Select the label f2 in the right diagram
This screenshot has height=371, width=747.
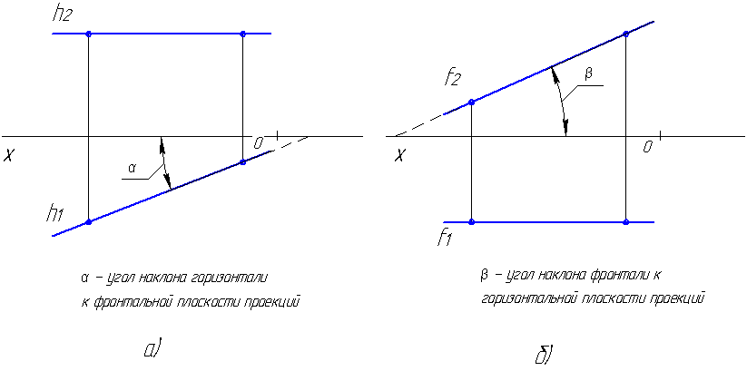(x=453, y=79)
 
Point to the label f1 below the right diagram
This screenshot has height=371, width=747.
(x=444, y=239)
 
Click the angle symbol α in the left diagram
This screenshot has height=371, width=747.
(x=132, y=168)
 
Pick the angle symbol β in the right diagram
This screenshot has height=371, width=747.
(x=587, y=75)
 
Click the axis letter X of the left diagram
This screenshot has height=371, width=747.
(x=10, y=156)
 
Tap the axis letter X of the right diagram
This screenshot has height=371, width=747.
(x=398, y=155)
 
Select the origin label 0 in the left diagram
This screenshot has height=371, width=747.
(x=259, y=142)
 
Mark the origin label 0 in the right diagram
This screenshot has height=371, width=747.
(x=648, y=146)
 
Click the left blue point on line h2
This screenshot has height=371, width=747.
(x=88, y=34)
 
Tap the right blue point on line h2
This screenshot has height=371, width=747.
(x=242, y=34)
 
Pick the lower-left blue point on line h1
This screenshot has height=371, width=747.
(x=88, y=221)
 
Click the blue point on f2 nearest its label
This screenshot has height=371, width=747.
(x=471, y=102)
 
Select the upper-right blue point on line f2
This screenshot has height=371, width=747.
(x=626, y=34)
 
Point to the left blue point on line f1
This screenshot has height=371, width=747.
(x=471, y=221)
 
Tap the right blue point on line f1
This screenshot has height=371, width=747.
(x=626, y=221)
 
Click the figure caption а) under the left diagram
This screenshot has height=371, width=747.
(x=152, y=347)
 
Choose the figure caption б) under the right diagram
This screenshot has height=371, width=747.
(x=545, y=353)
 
